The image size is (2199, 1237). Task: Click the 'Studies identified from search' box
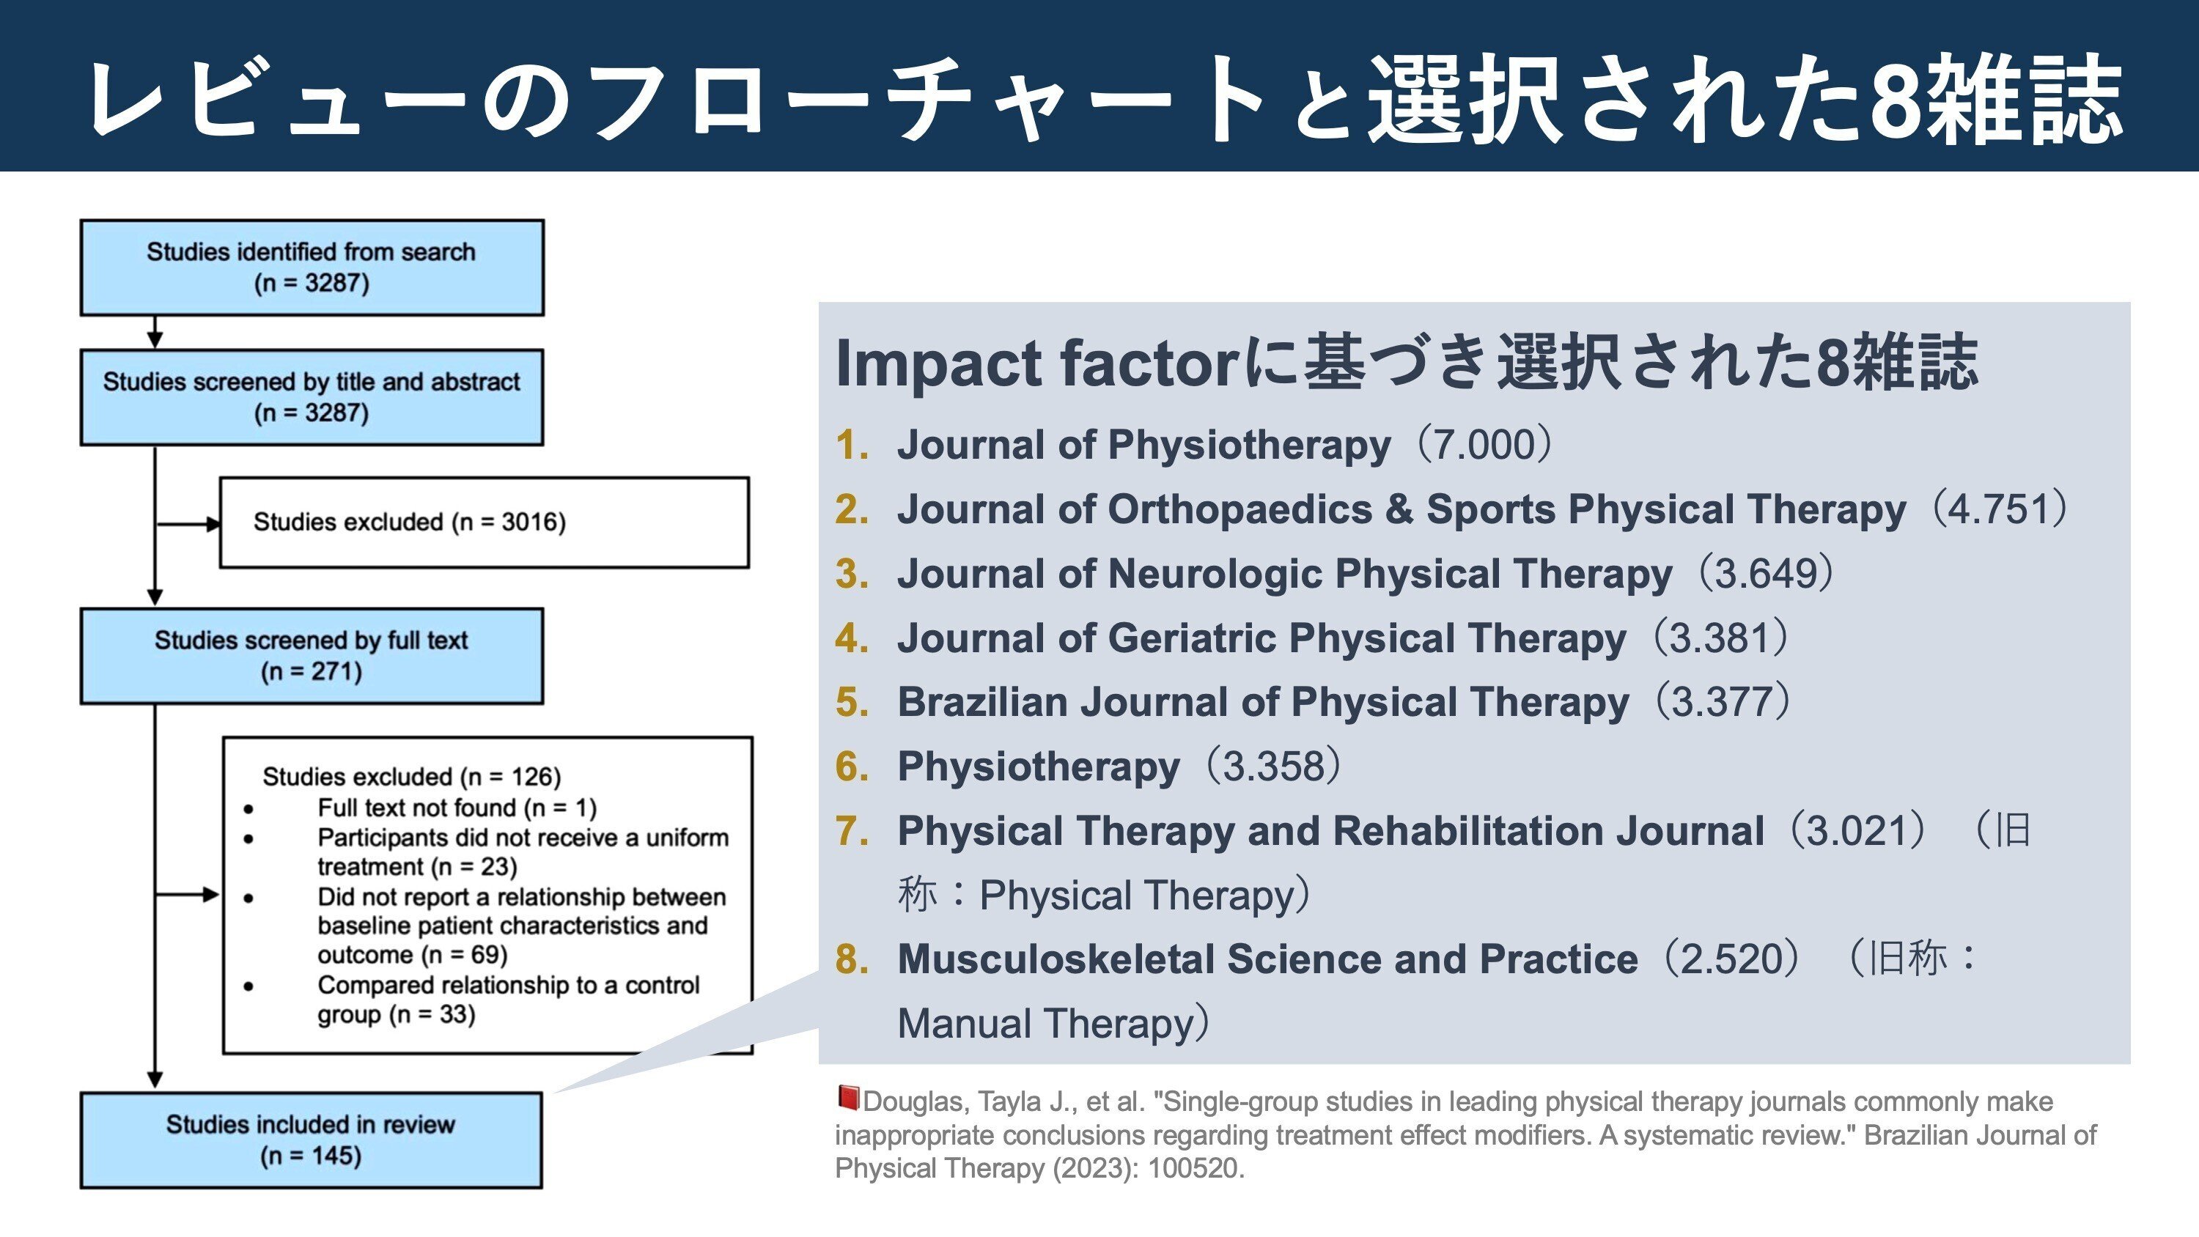pyautogui.click(x=312, y=267)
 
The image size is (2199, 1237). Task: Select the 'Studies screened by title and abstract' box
pyautogui.click(x=312, y=397)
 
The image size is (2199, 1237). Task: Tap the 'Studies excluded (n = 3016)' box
pyautogui.click(x=484, y=523)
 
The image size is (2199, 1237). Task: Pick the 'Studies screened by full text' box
pyautogui.click(x=312, y=656)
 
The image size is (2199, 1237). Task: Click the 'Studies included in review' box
pyautogui.click(x=312, y=1140)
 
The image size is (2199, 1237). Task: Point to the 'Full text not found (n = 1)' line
pyautogui.click(x=457, y=808)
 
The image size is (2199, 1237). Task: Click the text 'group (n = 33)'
pyautogui.click(x=396, y=1015)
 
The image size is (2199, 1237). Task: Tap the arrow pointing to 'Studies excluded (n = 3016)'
pyautogui.click(x=188, y=524)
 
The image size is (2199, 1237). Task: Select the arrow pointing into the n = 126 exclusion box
pyautogui.click(x=188, y=895)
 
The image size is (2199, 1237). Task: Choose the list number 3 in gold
pyautogui.click(x=852, y=574)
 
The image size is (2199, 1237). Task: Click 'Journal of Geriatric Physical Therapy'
pyautogui.click(x=1261, y=638)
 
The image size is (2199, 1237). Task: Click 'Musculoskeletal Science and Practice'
pyautogui.click(x=1267, y=959)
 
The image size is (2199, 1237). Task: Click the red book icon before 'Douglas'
pyautogui.click(x=847, y=1098)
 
